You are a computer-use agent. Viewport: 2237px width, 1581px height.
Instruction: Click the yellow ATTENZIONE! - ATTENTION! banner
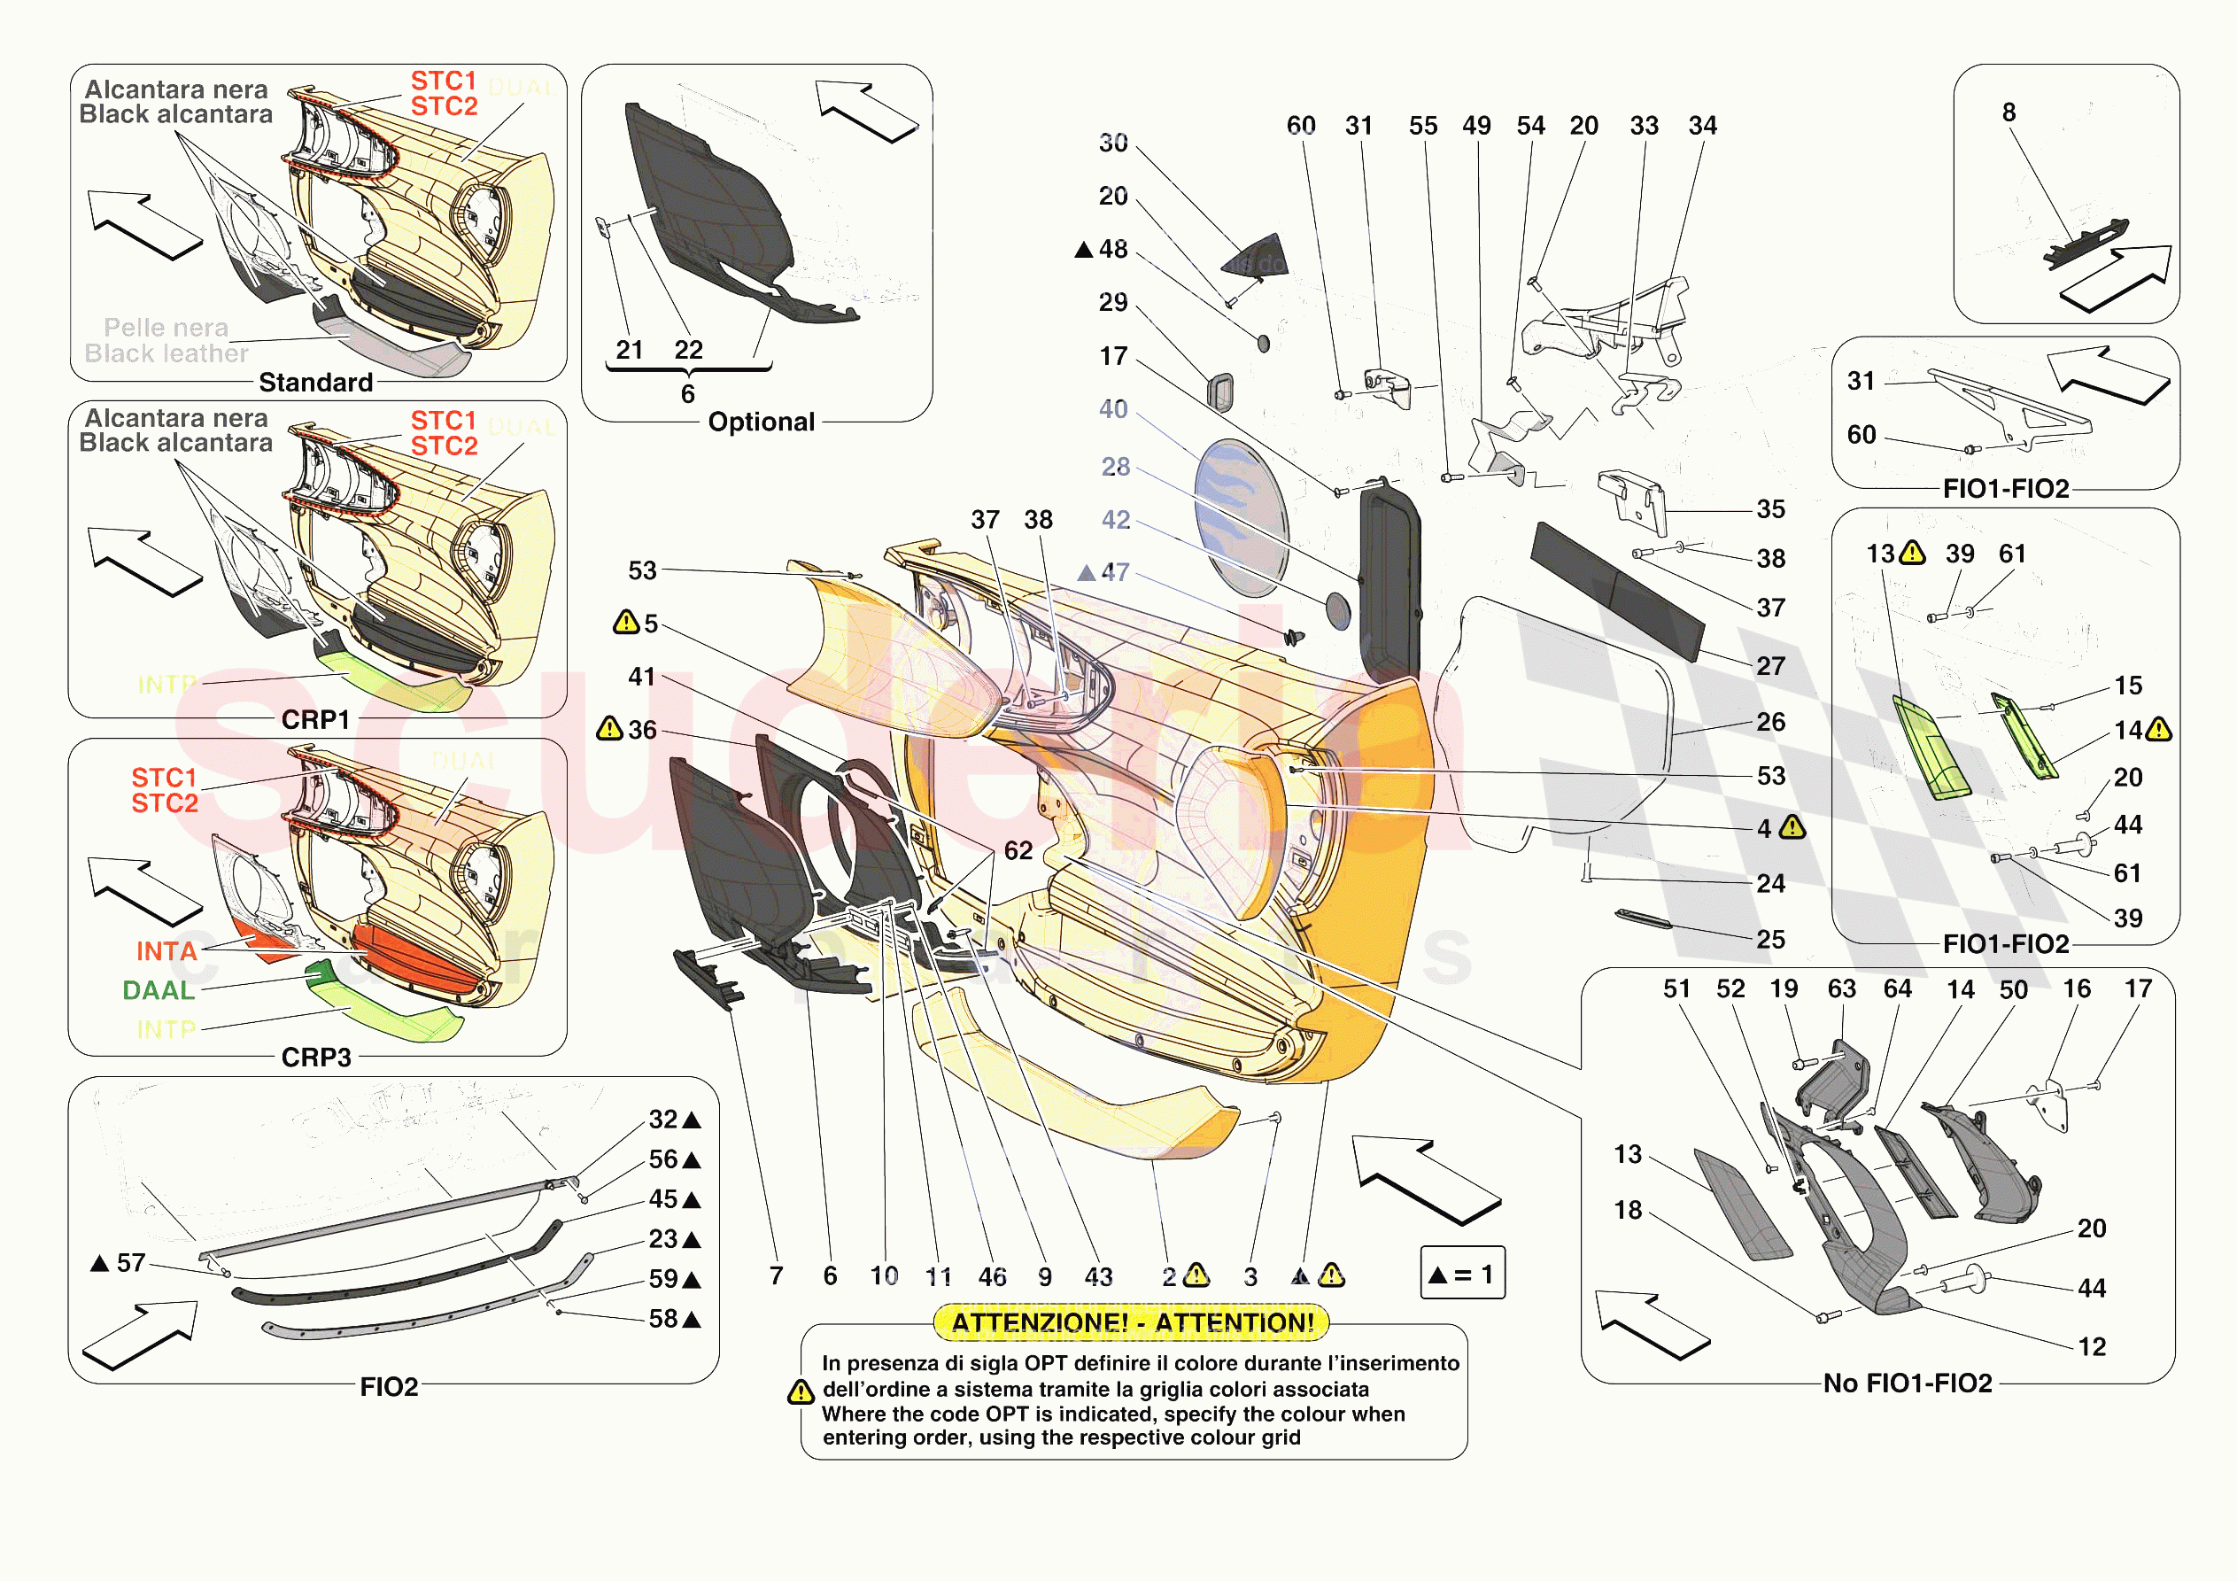coord(1131,1322)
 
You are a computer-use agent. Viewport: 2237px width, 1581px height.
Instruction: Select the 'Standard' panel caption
coord(315,382)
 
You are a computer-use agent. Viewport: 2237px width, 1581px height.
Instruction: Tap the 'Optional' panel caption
coord(761,422)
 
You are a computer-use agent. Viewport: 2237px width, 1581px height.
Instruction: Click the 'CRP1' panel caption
coord(315,719)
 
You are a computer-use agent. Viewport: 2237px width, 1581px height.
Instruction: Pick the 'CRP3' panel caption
coord(315,1057)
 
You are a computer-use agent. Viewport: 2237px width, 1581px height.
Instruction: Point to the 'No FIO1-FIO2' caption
coord(1907,1383)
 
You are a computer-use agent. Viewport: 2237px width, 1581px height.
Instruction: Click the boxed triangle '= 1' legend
coord(1462,1273)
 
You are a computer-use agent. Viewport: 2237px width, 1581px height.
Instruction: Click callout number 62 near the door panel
coord(1018,851)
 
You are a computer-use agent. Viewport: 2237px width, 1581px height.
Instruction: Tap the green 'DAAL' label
coord(159,990)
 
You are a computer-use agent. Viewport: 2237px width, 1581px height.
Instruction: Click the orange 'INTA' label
coord(166,951)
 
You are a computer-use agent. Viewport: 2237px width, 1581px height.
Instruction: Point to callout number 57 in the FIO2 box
coord(130,1263)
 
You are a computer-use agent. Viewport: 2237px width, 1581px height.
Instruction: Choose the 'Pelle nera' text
coord(166,328)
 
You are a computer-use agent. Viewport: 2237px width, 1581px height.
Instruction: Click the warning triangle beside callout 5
coord(625,622)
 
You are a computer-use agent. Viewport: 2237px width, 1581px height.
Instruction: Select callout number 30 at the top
coord(1112,143)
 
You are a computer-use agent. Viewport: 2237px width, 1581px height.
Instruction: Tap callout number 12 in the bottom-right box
coord(2091,1347)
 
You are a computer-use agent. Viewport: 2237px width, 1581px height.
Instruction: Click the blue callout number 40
coord(1112,409)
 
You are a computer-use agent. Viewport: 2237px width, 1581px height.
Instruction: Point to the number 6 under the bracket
coord(688,394)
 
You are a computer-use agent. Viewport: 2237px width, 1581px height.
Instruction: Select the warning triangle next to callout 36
coord(610,728)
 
